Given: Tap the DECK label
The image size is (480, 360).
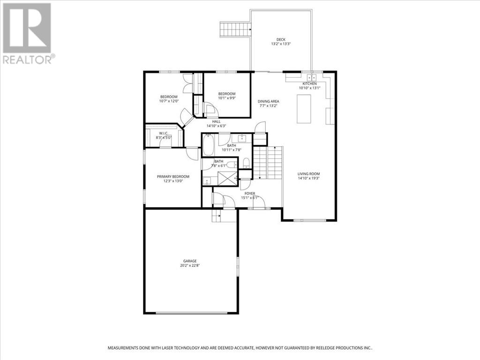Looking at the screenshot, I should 281,39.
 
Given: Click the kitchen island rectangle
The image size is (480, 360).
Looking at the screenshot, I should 304,109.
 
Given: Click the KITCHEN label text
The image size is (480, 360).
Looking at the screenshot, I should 309,83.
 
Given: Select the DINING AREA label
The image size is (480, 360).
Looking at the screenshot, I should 269,101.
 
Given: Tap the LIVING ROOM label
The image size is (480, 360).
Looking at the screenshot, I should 308,174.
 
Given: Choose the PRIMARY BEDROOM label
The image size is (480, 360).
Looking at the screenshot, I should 173,177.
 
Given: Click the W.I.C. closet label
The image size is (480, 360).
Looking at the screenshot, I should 164,133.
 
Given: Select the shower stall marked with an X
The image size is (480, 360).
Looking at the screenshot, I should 228,179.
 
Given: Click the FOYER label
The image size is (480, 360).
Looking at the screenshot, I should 249,193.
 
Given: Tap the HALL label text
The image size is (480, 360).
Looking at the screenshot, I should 216,121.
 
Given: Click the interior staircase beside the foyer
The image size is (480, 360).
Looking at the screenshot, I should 268,162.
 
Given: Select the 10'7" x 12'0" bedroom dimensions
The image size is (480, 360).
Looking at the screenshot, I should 169,101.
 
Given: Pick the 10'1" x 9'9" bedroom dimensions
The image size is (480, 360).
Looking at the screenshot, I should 227,98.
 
